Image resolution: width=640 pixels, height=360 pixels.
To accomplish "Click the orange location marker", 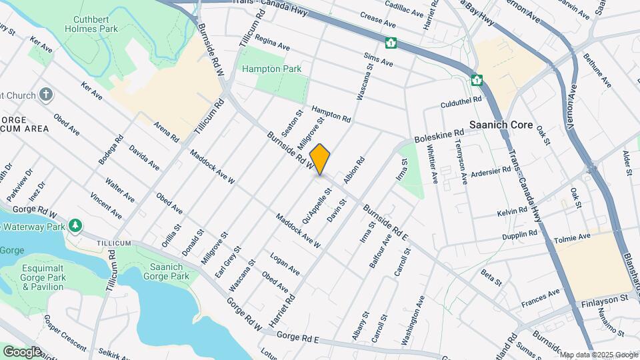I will [x=320, y=159].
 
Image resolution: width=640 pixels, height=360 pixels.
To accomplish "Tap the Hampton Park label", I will [x=271, y=69].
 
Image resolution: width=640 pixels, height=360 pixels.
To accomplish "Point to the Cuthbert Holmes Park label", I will [x=92, y=23].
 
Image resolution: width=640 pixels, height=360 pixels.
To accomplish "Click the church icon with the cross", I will [x=46, y=94].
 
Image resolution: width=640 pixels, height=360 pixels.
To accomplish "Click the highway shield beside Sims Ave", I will [x=391, y=43].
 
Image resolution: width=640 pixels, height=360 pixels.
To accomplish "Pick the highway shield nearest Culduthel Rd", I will [x=477, y=80].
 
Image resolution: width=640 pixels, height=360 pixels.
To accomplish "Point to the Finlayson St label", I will [x=603, y=299].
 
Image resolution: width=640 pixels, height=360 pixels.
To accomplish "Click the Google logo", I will [x=21, y=351].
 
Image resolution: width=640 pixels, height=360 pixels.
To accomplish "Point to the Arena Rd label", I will [x=167, y=132].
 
